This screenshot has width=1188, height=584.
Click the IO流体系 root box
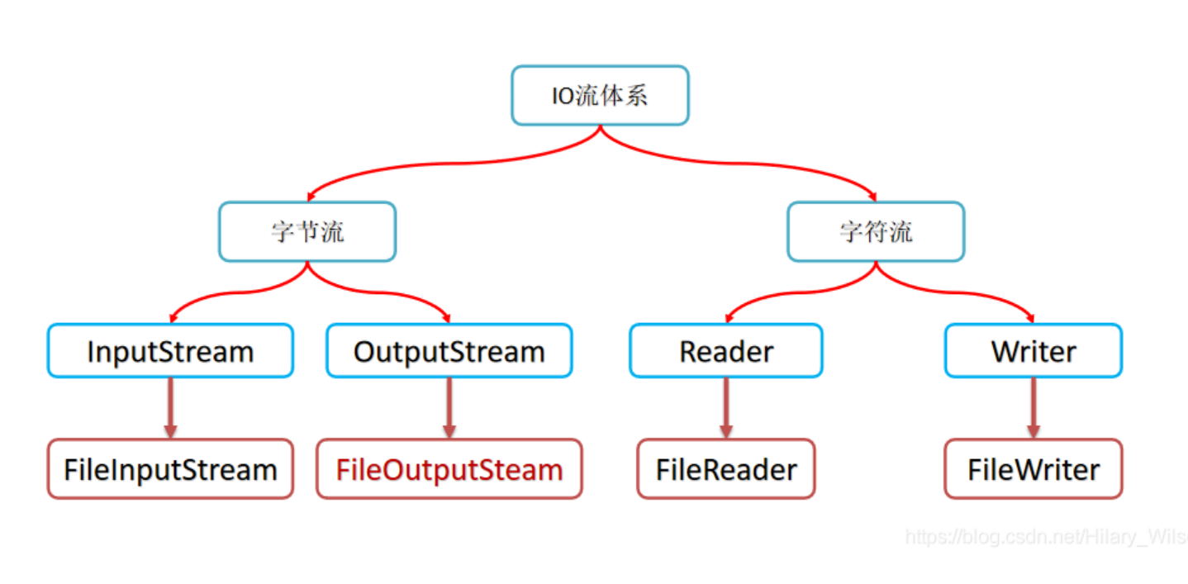(x=600, y=96)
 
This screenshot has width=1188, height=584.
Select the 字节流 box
(x=307, y=231)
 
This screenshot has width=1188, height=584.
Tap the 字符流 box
(x=876, y=231)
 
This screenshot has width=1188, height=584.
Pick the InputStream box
(x=170, y=351)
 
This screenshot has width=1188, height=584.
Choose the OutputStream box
(x=449, y=351)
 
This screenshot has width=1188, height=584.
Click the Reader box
(x=726, y=351)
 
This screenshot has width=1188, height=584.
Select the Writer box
(x=1034, y=351)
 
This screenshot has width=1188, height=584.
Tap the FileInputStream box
(x=170, y=469)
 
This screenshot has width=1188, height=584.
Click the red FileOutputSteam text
(x=449, y=469)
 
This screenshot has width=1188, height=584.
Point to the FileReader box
(x=726, y=469)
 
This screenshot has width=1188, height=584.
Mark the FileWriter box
(x=1034, y=469)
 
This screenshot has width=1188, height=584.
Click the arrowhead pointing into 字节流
(x=309, y=197)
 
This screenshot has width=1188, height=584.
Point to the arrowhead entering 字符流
(x=874, y=197)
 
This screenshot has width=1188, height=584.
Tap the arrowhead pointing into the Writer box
(x=1031, y=318)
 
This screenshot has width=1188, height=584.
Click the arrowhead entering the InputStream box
(x=173, y=318)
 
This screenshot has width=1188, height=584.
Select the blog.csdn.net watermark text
(x=1045, y=537)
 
